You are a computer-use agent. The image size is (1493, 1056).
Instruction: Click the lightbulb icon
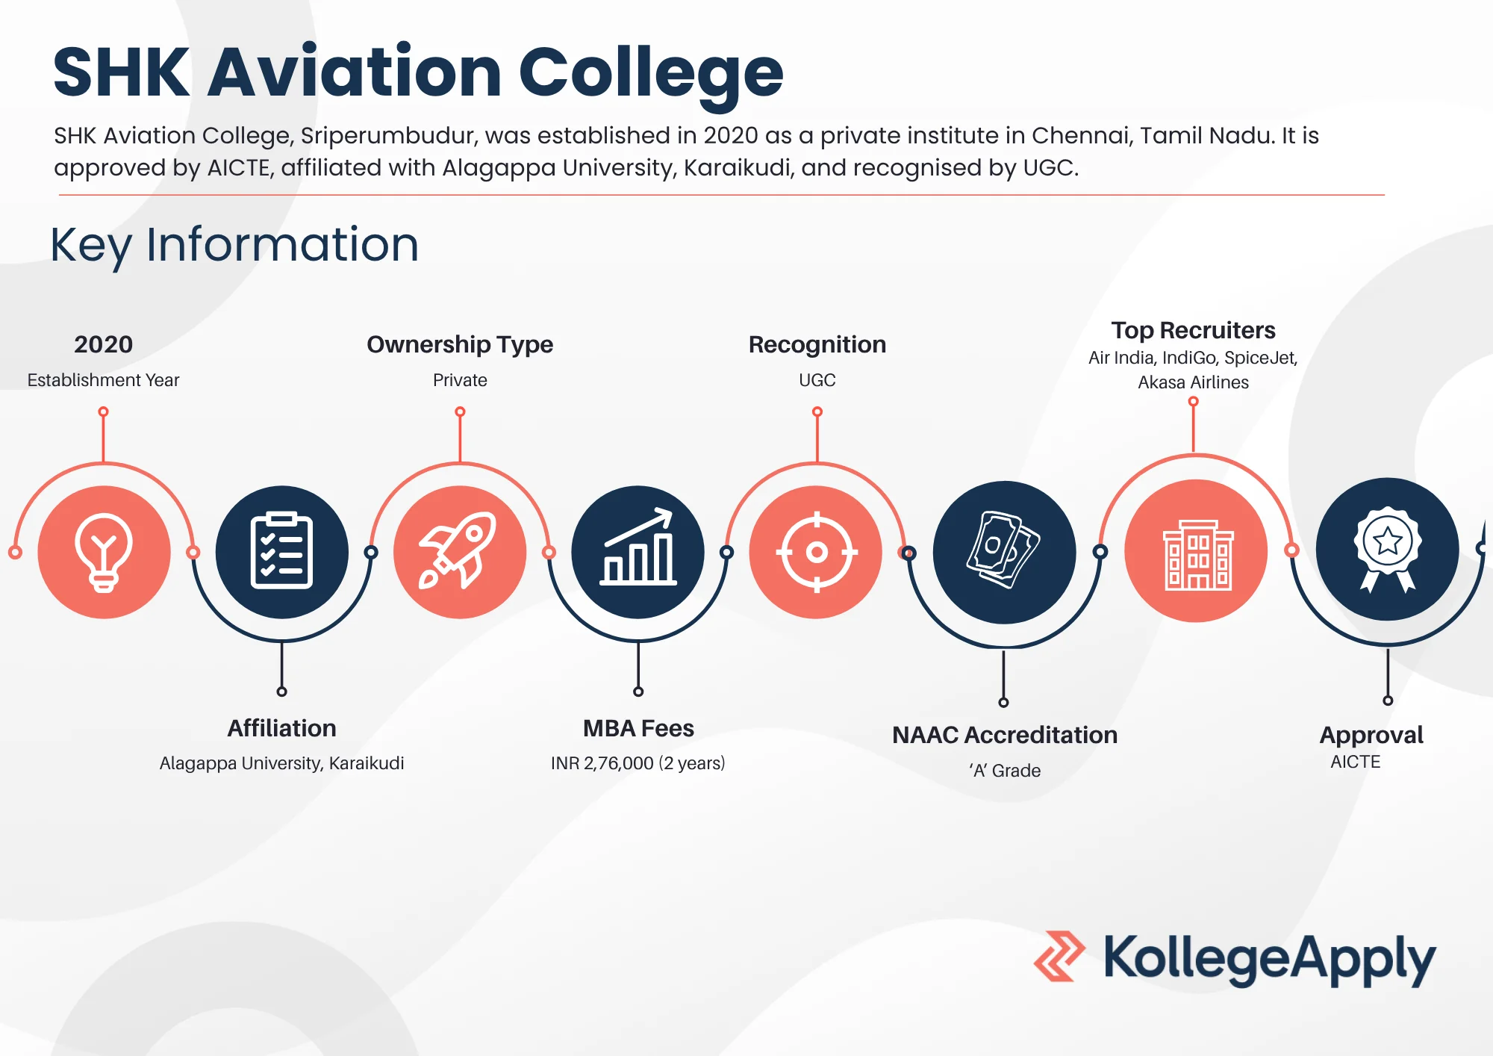point(104,553)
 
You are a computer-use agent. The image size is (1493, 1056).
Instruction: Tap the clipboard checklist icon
point(281,551)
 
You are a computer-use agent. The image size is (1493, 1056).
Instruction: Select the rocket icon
point(458,551)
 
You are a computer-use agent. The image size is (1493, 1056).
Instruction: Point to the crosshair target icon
point(817,553)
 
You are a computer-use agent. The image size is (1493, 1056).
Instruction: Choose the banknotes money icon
point(1004,550)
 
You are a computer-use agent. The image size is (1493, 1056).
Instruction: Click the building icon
point(1198,555)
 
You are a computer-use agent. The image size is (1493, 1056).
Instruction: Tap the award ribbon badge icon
point(1387,550)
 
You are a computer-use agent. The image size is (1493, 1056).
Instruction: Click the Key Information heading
point(234,245)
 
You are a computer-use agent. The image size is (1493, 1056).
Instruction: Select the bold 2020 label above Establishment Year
point(103,344)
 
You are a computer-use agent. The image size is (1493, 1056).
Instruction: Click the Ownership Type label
point(460,344)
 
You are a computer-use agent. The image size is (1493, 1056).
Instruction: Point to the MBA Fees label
point(638,728)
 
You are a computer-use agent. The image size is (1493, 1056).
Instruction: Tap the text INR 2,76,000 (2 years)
point(638,763)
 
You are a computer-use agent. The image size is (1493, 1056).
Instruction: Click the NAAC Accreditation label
point(1005,735)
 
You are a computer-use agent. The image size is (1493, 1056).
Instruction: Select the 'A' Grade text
point(1005,771)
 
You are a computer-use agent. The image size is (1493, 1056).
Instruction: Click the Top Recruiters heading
point(1193,330)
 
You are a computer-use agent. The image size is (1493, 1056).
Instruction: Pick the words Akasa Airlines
point(1193,382)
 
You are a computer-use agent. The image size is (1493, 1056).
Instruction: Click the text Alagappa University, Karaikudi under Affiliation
point(281,763)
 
